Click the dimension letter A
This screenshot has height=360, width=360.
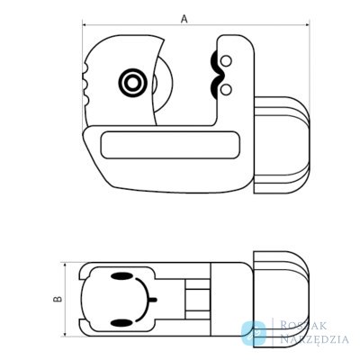coord(184,19)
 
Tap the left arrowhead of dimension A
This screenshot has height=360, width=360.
coord(85,25)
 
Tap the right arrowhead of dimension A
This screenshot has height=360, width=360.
coord(307,25)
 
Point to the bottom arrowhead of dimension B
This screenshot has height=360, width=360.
coord(65,333)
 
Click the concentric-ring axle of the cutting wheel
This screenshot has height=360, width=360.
coord(132,82)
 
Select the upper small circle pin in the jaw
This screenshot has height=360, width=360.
coord(226,61)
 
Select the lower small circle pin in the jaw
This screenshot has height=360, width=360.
coord(226,89)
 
